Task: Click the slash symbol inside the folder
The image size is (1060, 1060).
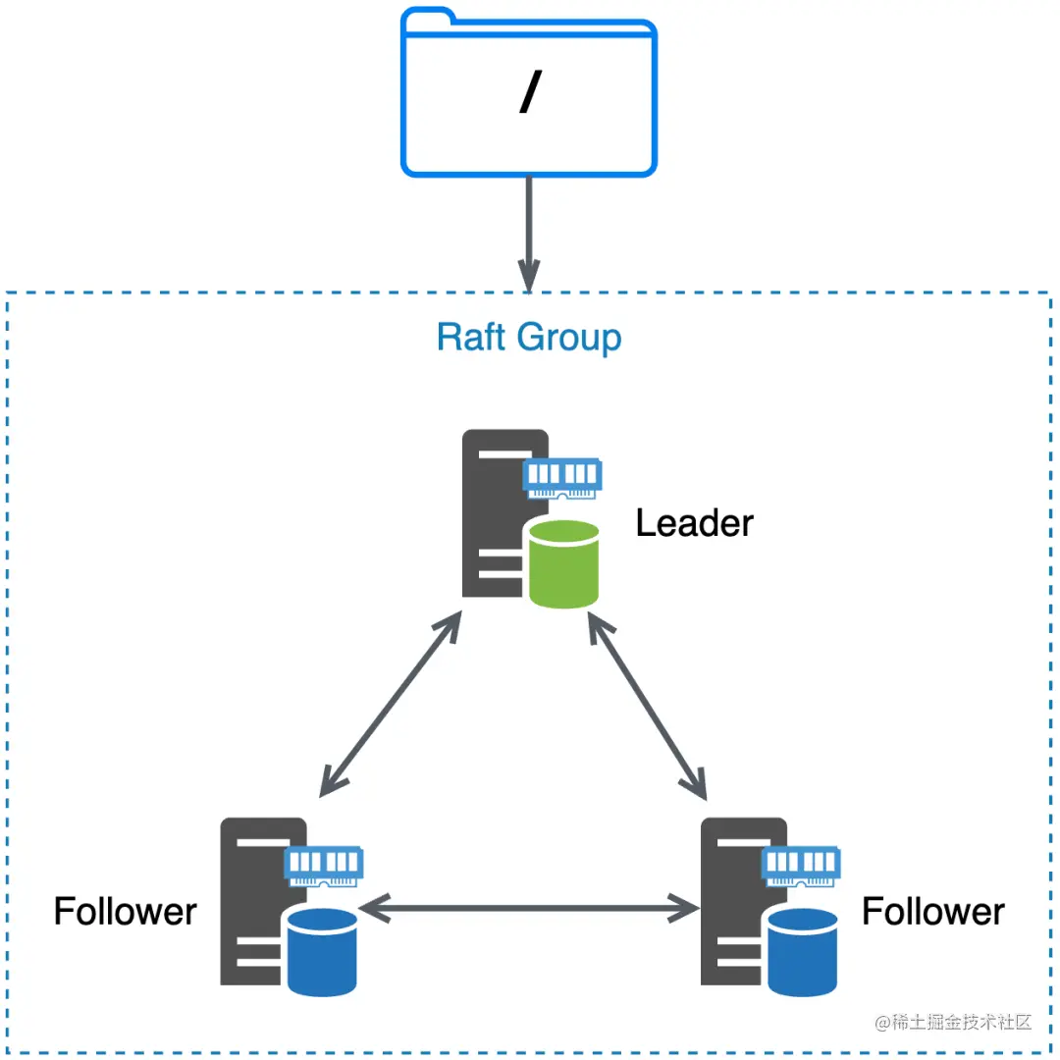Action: [531, 91]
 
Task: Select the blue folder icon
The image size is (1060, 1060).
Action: [529, 92]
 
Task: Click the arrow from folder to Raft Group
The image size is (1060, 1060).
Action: [529, 235]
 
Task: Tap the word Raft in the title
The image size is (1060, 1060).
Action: [471, 337]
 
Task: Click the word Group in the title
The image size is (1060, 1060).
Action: [569, 338]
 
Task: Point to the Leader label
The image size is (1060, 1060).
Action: [694, 523]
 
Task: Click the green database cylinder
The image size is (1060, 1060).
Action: [563, 563]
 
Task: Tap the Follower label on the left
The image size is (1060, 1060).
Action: [125, 911]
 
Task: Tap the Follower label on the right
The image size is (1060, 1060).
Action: [933, 911]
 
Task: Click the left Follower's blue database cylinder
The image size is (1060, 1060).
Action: [323, 952]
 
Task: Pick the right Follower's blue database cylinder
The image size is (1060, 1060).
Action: [803, 952]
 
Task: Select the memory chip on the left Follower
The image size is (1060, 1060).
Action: [324, 867]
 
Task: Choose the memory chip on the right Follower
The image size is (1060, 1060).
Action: [801, 867]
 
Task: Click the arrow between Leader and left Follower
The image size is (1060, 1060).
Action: [391, 704]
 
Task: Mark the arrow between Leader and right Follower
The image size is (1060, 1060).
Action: [648, 706]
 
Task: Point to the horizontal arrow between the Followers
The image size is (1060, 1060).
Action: [529, 909]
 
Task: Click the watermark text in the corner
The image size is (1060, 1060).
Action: [953, 1022]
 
